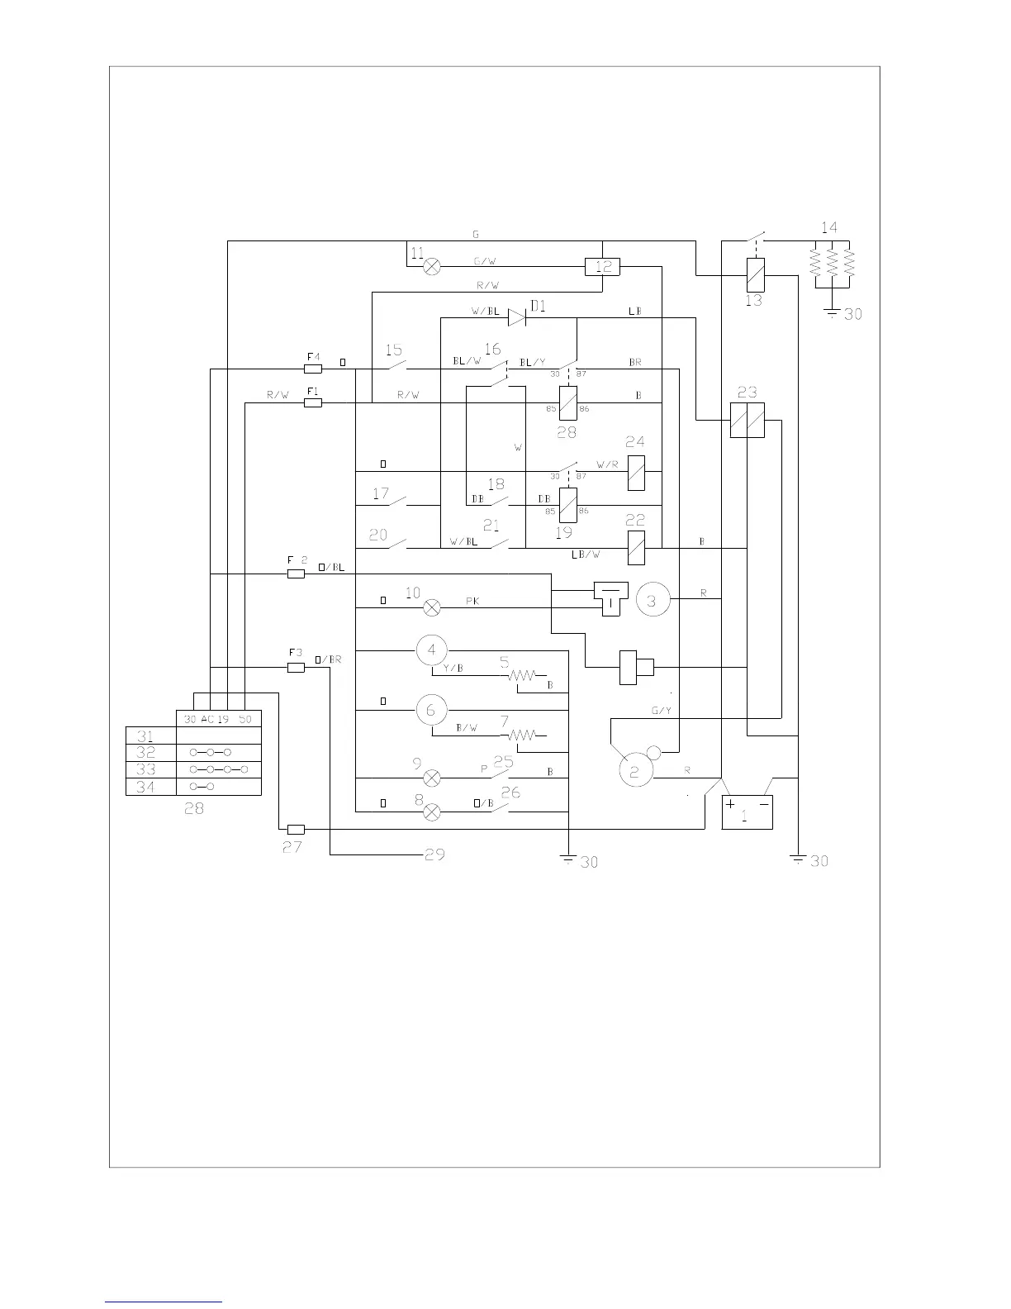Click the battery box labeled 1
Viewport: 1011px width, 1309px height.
[x=747, y=812]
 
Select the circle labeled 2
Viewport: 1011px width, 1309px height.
[x=635, y=771]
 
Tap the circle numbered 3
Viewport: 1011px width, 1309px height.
[x=652, y=601]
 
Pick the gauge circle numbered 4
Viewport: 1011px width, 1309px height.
[x=431, y=650]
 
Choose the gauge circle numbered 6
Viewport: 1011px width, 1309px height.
[x=431, y=710]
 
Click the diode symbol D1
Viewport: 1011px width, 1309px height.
[x=517, y=317]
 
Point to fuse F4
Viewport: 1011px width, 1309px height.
[x=313, y=369]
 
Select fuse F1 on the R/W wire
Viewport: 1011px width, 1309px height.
[x=313, y=402]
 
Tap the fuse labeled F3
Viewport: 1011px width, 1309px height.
[x=296, y=667]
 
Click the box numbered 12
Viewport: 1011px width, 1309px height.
[x=602, y=267]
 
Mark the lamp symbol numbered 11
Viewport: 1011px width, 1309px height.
[x=431, y=267]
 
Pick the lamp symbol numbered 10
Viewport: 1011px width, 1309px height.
[x=431, y=609]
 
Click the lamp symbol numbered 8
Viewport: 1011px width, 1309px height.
[x=431, y=812]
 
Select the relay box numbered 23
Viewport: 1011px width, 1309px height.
[x=747, y=421]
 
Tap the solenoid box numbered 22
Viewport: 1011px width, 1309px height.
[x=636, y=547]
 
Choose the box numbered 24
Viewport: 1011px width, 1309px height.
[x=636, y=473]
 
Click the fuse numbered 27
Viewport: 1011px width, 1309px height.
[x=296, y=829]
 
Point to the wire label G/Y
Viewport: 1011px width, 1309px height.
[x=661, y=711]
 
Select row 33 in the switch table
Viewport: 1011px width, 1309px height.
[x=193, y=769]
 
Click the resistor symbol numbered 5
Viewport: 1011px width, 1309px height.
[x=522, y=676]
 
